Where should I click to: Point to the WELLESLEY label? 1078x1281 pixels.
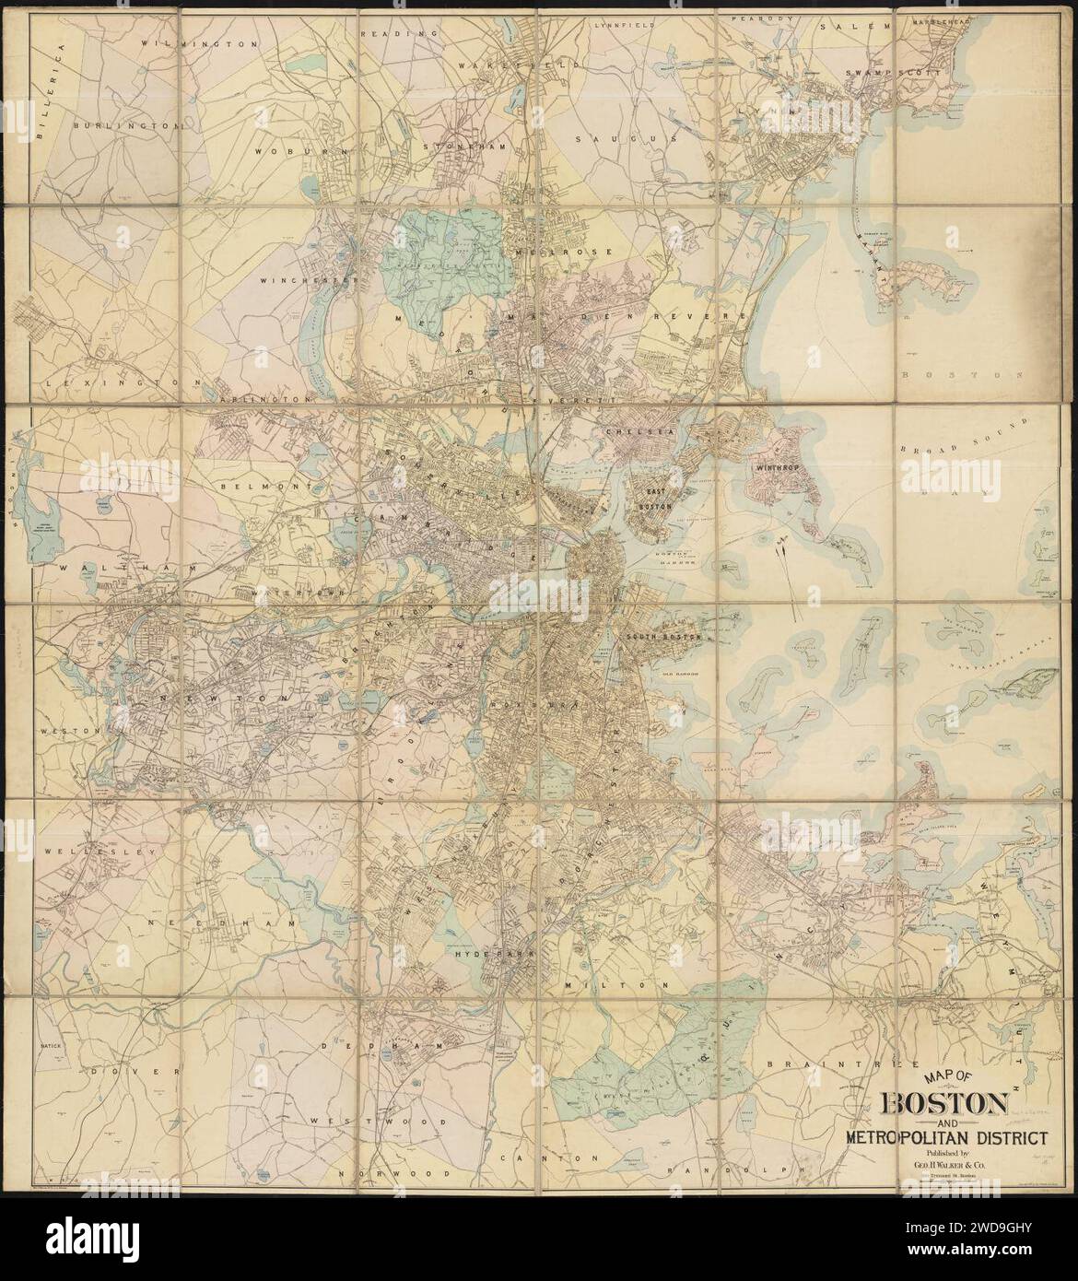pyautogui.click(x=95, y=852)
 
